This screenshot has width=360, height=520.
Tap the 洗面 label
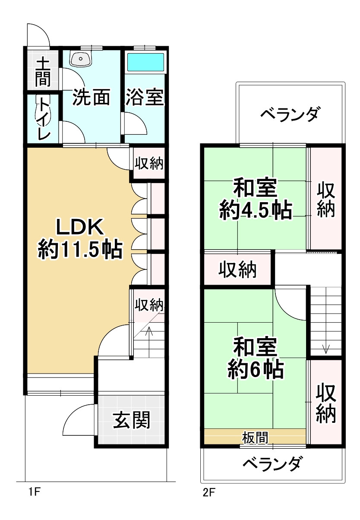coord(91,98)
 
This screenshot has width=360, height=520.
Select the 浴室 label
coord(145,98)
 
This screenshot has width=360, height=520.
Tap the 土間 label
coord(43,72)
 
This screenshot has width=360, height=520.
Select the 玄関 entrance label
coord(132,420)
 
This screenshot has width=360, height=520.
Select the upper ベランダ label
coord(291,115)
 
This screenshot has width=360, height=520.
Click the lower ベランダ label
coord(272,465)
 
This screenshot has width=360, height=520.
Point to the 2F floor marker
coord(209,492)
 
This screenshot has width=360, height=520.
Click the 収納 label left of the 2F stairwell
coord(237,270)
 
